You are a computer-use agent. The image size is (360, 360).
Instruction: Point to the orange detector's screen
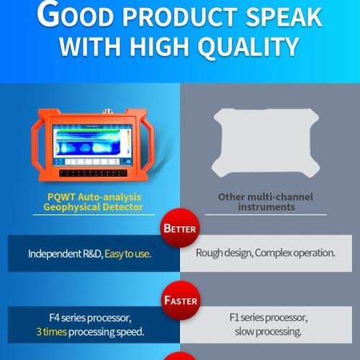coord(89,144)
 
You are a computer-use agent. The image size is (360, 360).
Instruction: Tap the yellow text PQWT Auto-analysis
coord(90,197)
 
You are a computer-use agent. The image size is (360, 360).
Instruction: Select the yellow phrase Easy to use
coord(128,253)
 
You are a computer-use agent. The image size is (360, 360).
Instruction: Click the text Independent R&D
coord(66,253)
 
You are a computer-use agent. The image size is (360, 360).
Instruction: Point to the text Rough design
coord(223,253)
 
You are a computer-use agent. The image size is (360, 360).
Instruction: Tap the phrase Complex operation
coord(294,253)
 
